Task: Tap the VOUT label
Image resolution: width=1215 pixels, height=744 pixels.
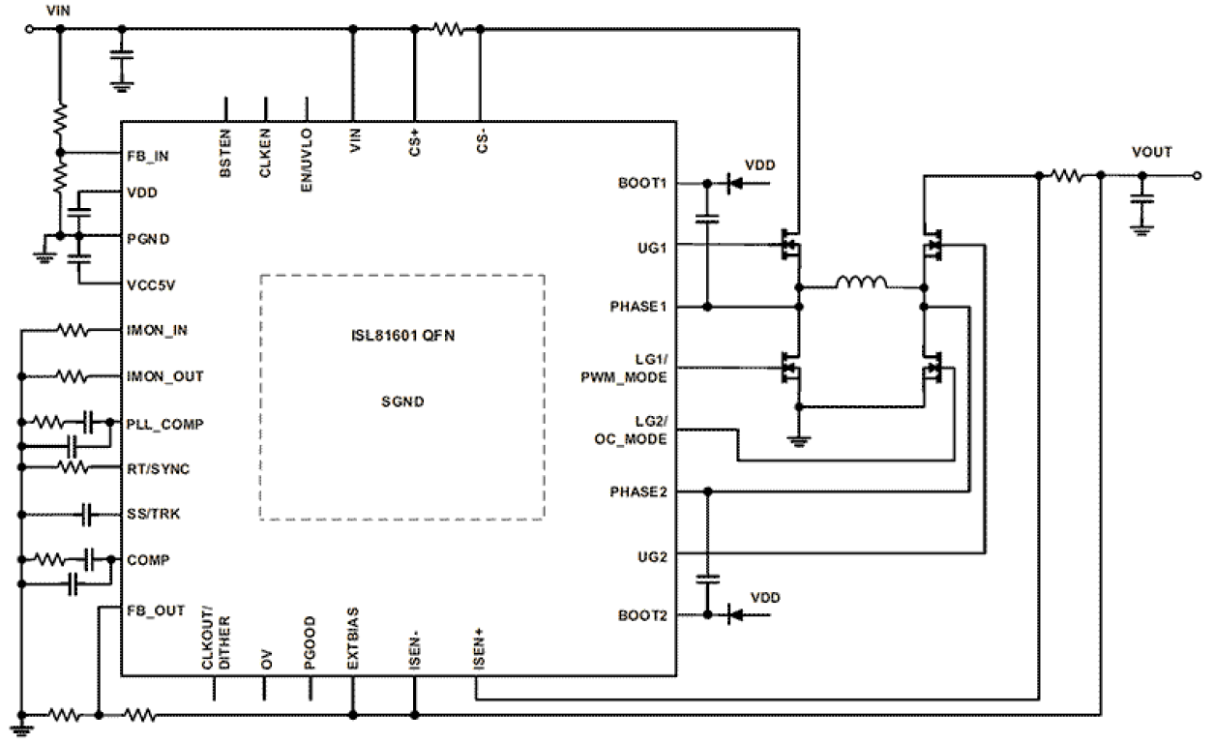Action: pyautogui.click(x=1151, y=153)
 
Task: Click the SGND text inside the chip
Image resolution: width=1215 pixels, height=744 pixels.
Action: pyautogui.click(x=401, y=399)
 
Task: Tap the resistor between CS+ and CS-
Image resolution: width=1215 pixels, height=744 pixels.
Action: pyautogui.click(x=448, y=30)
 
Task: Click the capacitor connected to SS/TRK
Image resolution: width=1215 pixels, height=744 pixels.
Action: pyautogui.click(x=88, y=514)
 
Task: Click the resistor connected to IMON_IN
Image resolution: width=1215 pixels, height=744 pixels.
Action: pyautogui.click(x=73, y=331)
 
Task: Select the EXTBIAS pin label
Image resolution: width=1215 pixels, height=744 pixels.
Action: pyautogui.click(x=353, y=639)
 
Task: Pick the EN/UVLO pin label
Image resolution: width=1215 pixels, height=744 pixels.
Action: pyautogui.click(x=307, y=150)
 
